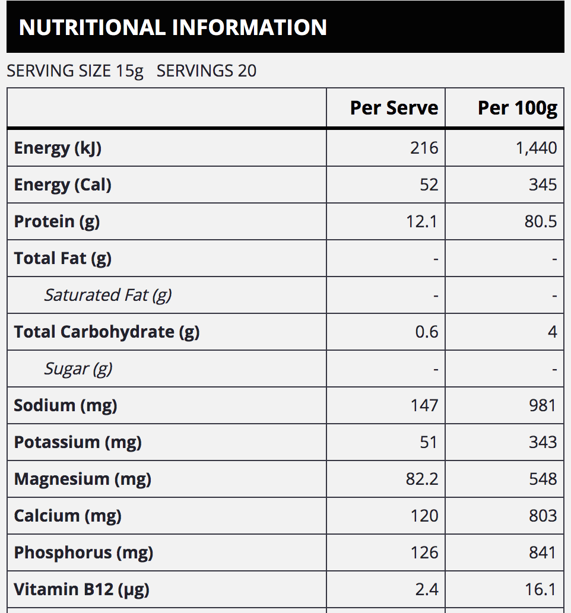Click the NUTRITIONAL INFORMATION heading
tap(173, 27)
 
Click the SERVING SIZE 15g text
tap(75, 71)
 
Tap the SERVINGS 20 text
tap(207, 71)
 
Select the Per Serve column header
tap(394, 108)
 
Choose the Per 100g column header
tap(517, 108)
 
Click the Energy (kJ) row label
tap(58, 148)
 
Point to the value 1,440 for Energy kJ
tap(536, 148)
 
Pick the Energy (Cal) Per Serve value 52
tap(429, 185)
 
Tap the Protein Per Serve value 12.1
tap(421, 221)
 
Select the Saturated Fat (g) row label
tap(107, 295)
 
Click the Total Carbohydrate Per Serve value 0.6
tap(426, 332)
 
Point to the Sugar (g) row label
tap(78, 369)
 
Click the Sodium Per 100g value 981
tap(543, 405)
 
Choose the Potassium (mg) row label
tap(78, 442)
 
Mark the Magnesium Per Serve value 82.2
tap(421, 479)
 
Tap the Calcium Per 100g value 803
tap(543, 516)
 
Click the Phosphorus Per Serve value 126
tap(424, 552)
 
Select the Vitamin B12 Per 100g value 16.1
tap(540, 589)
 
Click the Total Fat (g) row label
tap(62, 258)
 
